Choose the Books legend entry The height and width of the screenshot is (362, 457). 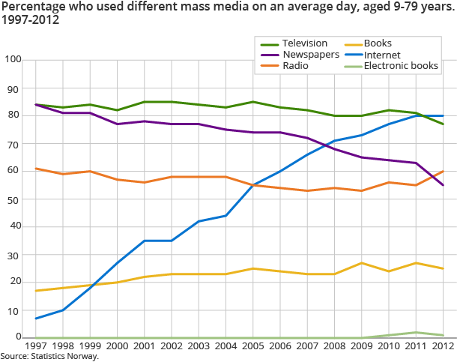coord(378,43)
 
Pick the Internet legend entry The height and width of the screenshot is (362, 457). coord(382,55)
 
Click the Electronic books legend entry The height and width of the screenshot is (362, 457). coord(401,66)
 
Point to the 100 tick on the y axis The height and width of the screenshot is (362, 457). coord(13,59)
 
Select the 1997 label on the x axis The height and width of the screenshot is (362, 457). coord(35,347)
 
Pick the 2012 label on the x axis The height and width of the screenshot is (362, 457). coord(443,347)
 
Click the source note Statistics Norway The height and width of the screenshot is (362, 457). coord(49,356)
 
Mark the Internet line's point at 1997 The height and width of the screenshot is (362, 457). coord(35,319)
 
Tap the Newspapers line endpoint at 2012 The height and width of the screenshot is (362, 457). coord(443,185)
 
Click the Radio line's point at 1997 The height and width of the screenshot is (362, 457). coord(35,169)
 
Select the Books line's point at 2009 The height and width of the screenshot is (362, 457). coord(361,263)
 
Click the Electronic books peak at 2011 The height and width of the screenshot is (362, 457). coord(416,332)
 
